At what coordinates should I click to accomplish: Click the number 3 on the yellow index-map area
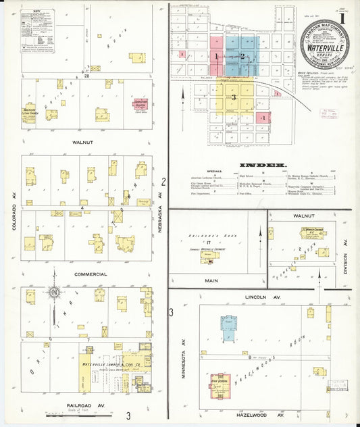234,97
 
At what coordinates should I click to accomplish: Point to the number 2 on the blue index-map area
242,57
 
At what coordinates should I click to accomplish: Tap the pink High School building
220,383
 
